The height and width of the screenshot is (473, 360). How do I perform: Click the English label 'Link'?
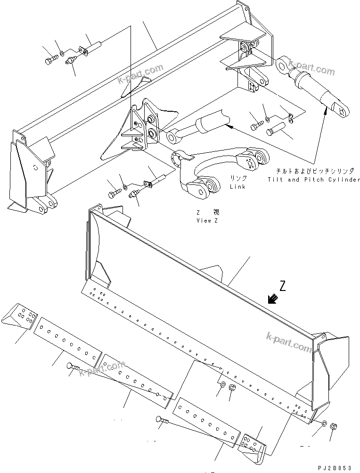click(237, 186)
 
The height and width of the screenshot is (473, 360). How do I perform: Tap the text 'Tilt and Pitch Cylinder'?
click(313, 179)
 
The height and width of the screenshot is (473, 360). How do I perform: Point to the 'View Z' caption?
click(207, 220)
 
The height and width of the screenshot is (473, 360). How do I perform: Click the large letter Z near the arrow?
click(282, 285)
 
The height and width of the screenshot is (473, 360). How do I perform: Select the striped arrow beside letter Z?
click(272, 299)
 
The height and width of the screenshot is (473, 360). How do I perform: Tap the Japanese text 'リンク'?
click(238, 179)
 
